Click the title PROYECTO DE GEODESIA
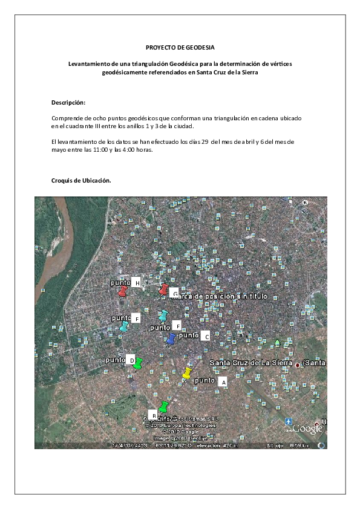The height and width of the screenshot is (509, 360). click(180, 47)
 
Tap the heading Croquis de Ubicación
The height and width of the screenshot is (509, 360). click(81, 181)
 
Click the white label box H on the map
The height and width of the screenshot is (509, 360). click(137, 283)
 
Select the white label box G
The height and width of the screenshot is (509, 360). click(175, 294)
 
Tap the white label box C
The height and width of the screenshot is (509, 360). click(206, 336)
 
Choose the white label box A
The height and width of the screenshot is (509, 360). click(222, 382)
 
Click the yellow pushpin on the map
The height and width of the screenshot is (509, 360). click(187, 372)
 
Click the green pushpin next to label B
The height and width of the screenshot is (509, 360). click(163, 406)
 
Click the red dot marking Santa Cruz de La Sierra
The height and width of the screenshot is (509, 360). click(297, 366)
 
